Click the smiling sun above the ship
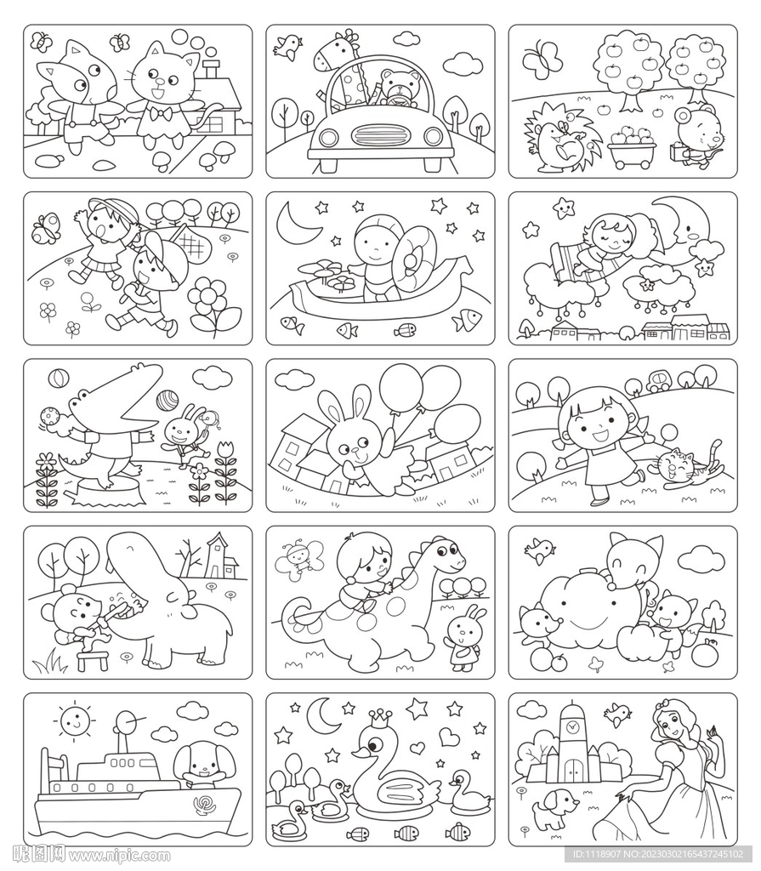click(x=74, y=721)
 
